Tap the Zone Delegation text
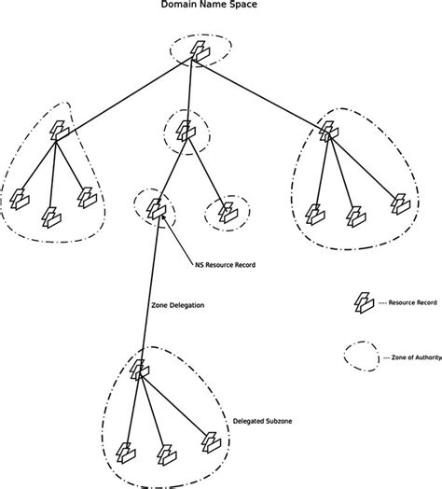pyautogui.click(x=177, y=305)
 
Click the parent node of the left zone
pyautogui.click(x=59, y=132)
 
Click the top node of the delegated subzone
pyautogui.click(x=139, y=370)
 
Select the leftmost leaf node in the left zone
pyautogui.click(x=20, y=198)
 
